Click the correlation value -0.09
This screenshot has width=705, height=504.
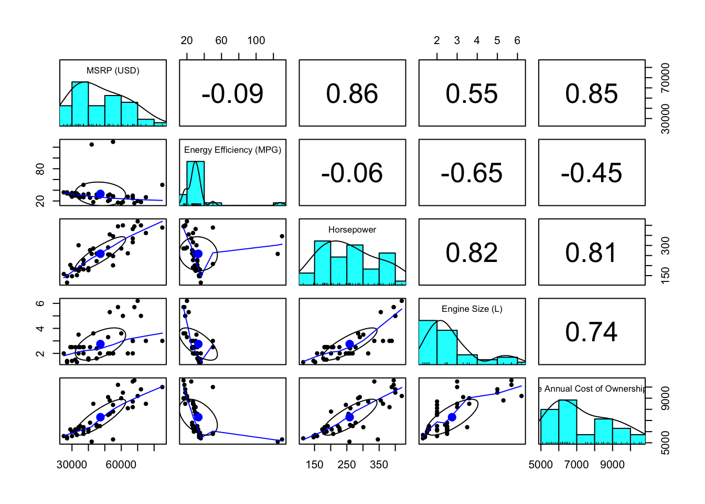(232, 94)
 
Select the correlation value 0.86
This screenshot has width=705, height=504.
(352, 94)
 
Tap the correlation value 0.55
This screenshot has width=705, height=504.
(472, 94)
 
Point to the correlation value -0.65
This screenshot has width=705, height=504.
(472, 173)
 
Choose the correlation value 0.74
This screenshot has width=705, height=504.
(591, 332)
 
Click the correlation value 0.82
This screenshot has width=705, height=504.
(472, 253)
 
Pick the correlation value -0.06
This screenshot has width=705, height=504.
(352, 173)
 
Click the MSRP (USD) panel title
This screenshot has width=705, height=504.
(113, 70)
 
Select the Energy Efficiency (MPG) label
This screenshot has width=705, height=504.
(232, 150)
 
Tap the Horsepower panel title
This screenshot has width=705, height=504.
(352, 229)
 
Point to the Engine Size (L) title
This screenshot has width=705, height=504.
(472, 309)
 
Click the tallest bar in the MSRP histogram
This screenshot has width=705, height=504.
(80, 104)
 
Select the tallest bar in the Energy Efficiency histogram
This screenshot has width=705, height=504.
(195, 183)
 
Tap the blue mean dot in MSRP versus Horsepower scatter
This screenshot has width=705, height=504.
(100, 254)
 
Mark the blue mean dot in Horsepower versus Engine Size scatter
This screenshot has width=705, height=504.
(350, 344)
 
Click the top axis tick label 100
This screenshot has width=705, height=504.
(256, 40)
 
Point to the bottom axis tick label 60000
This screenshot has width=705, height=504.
(121, 465)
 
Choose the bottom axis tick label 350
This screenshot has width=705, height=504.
(379, 465)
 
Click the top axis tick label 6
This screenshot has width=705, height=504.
(517, 40)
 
